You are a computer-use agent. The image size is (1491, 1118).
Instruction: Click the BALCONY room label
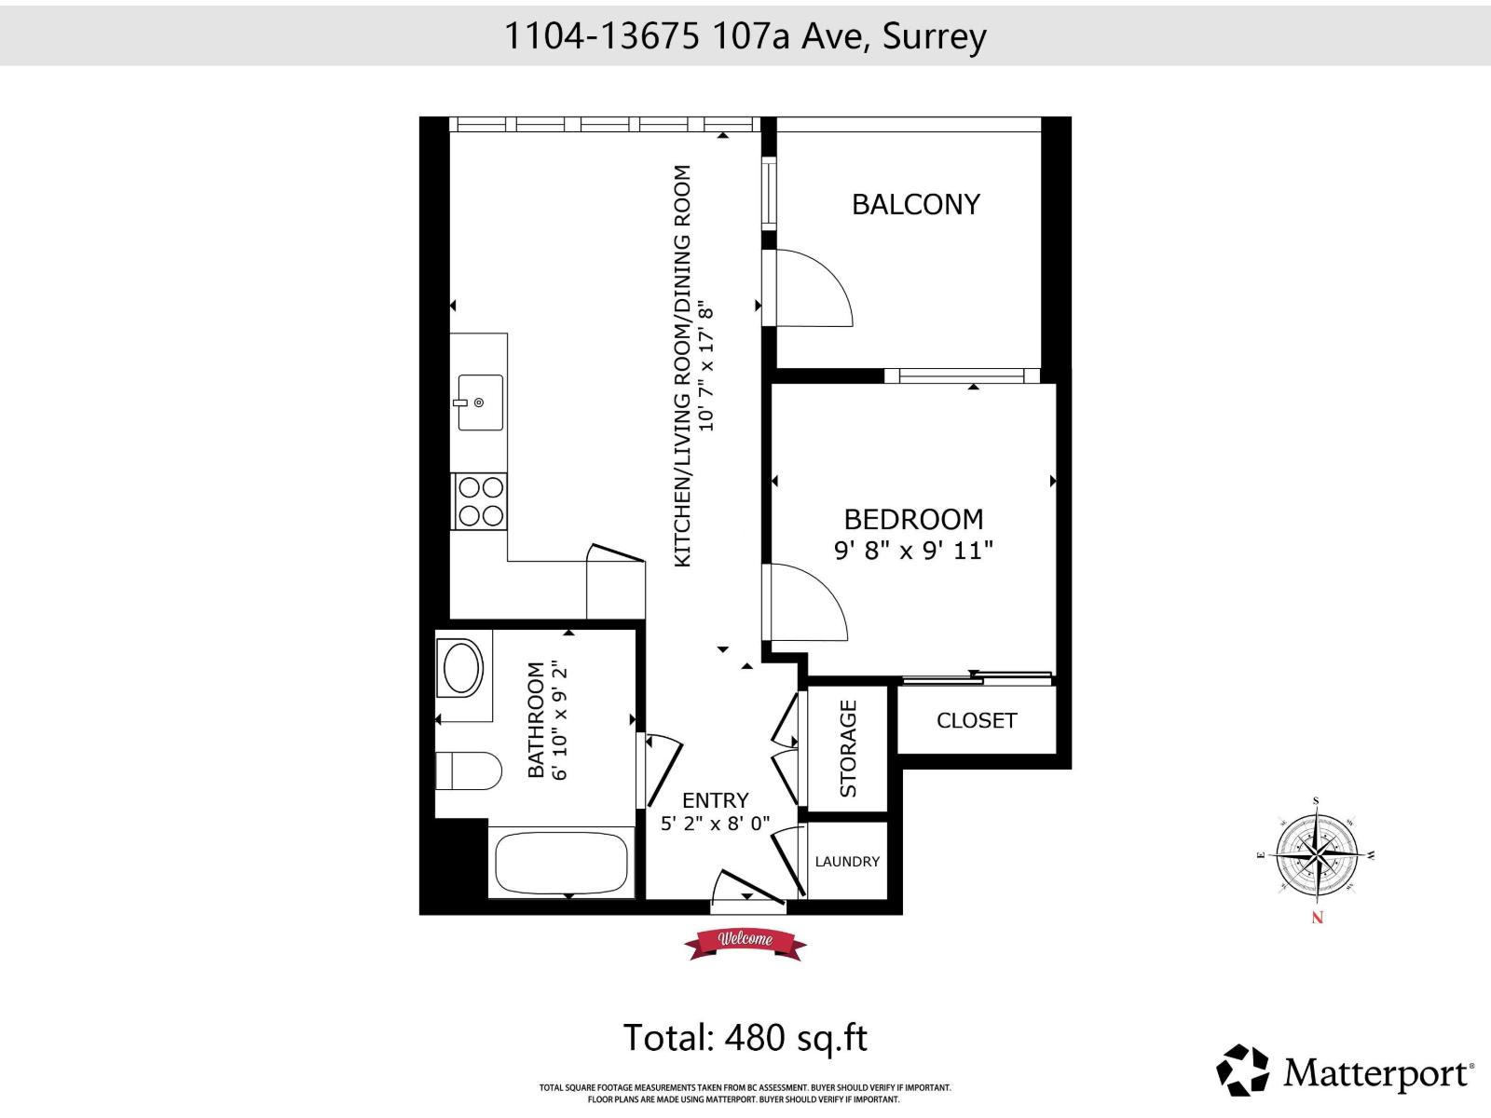[916, 204]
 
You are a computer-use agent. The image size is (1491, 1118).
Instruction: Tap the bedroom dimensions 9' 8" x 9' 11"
[913, 551]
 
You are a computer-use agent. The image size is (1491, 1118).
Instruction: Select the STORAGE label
[848, 748]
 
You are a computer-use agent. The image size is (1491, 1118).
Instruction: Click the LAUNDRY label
[846, 862]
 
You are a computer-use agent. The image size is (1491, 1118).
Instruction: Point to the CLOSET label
[976, 720]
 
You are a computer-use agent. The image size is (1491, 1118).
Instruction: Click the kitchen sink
[480, 402]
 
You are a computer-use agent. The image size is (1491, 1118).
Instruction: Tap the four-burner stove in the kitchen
[480, 501]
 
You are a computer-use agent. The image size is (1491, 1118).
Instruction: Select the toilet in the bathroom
[468, 771]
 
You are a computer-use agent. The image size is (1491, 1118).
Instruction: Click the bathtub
[561, 863]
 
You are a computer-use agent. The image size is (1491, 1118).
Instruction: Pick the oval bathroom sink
[462, 668]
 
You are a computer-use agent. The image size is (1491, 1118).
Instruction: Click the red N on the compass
[1317, 918]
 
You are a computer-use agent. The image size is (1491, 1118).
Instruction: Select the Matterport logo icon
[1243, 1070]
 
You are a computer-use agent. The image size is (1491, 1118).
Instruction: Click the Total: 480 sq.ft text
[745, 1038]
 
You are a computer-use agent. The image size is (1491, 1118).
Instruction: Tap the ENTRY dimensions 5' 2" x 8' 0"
[715, 825]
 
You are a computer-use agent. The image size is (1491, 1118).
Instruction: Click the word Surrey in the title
[934, 36]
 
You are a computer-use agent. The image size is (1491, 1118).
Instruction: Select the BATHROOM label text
[536, 719]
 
